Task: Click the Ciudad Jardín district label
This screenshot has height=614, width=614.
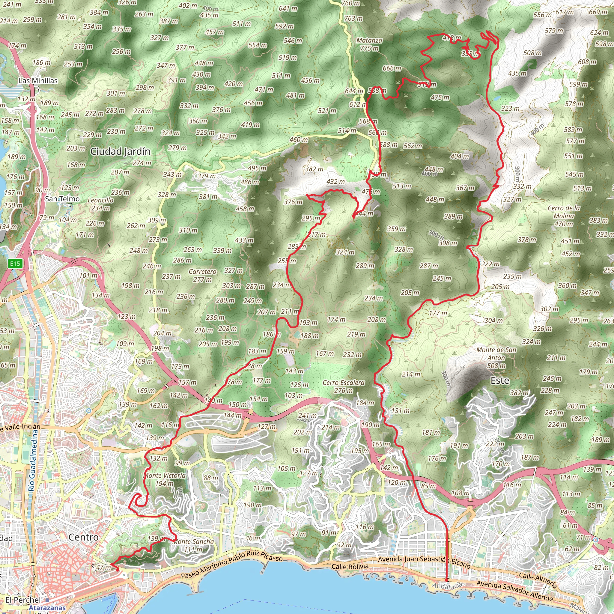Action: point(120,152)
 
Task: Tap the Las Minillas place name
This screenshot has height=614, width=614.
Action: point(38,81)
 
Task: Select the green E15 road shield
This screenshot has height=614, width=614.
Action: point(15,264)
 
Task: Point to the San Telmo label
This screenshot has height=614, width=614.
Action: point(62,199)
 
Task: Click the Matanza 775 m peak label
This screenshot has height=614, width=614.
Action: point(369,44)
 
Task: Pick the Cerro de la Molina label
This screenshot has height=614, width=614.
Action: point(564,216)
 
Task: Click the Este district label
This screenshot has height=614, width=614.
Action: point(500,381)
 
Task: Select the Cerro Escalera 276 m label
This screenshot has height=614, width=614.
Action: point(344,386)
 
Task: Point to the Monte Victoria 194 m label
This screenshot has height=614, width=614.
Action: point(165,480)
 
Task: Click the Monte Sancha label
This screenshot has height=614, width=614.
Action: point(193,545)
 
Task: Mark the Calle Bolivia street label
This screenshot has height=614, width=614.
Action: point(350,567)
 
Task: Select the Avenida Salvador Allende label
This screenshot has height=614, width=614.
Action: point(514,591)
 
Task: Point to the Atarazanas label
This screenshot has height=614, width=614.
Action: point(47,608)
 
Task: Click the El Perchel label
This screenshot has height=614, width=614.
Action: point(23,600)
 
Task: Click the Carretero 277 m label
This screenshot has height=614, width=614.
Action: point(202,276)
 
